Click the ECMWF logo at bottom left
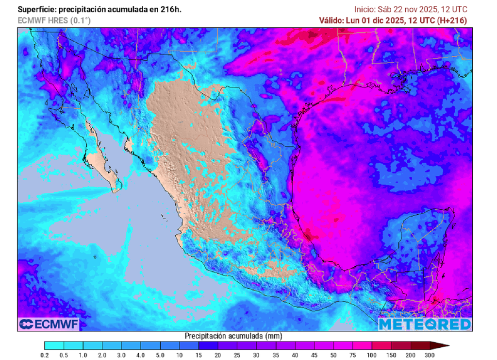49,324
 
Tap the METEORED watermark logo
425,324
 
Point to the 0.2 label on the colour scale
45,356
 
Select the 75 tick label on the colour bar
353,356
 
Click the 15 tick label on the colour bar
199,356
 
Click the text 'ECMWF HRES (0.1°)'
54,20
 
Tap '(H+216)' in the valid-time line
452,20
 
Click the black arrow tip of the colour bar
440,345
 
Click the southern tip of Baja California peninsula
116,191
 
